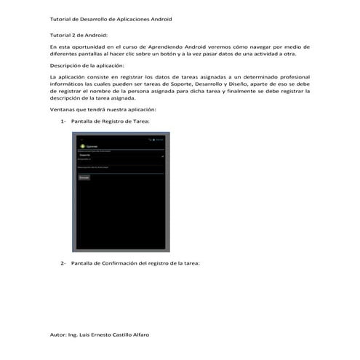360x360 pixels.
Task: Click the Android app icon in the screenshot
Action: coord(81,146)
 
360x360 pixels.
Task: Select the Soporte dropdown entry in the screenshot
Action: coord(85,156)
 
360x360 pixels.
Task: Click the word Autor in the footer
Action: coord(57,335)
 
